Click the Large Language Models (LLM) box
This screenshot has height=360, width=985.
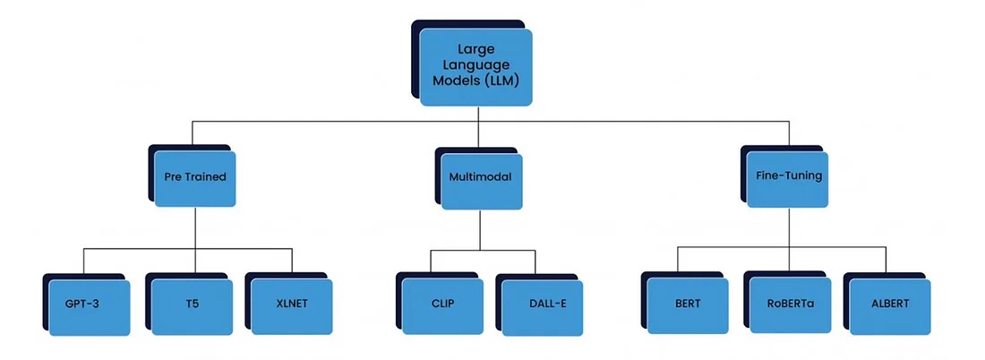[476, 67]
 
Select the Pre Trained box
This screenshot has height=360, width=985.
[195, 177]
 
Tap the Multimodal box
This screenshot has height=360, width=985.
[480, 177]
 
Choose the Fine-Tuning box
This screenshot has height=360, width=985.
[788, 177]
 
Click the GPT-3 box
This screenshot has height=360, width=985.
[90, 304]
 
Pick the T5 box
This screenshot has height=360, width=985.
[193, 304]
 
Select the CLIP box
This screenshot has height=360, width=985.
[442, 304]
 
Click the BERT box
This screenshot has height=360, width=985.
[688, 304]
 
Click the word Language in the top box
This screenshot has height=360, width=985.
[476, 66]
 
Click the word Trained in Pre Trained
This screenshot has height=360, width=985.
[208, 177]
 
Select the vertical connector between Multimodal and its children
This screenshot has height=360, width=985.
[481, 229]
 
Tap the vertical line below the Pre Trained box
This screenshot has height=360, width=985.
[195, 227]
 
